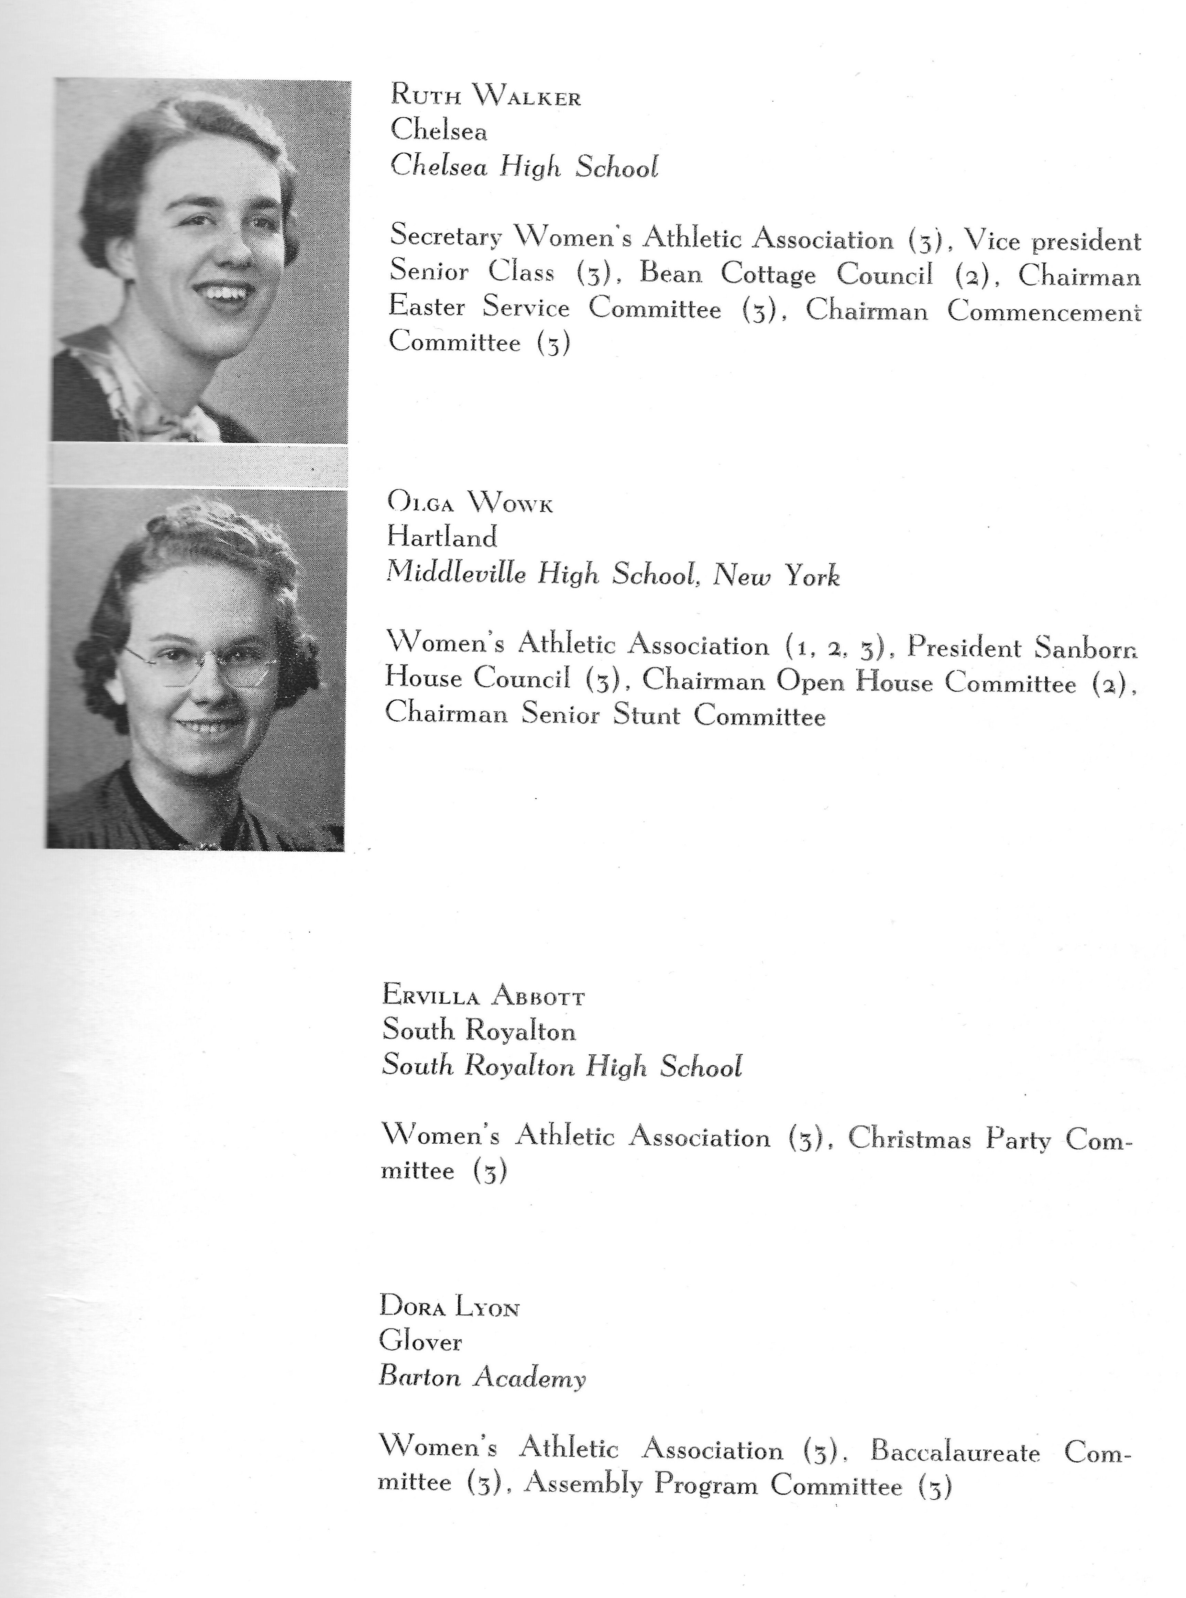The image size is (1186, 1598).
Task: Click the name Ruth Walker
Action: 485,96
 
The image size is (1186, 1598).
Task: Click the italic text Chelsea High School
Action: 523,167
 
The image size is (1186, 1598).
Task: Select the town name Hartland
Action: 441,537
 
